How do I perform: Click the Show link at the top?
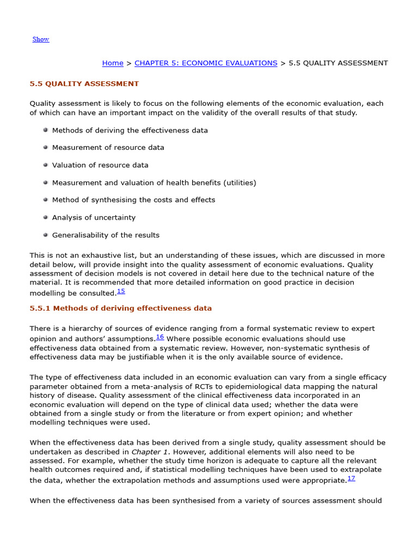click(x=41, y=39)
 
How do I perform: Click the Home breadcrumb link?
click(x=113, y=63)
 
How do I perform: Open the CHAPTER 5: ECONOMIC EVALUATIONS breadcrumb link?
click(x=206, y=63)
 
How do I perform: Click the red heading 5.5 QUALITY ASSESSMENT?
click(x=84, y=84)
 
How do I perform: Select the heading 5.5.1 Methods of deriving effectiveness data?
click(x=120, y=308)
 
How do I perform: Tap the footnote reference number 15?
click(x=121, y=292)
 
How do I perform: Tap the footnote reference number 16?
click(x=160, y=337)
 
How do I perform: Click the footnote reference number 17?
click(x=351, y=478)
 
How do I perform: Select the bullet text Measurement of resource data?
click(x=108, y=148)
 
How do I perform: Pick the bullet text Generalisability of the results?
click(x=106, y=235)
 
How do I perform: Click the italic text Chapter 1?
click(x=146, y=452)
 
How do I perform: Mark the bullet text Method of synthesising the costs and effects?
click(x=133, y=200)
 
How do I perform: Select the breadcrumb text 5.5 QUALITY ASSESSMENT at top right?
click(x=338, y=63)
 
